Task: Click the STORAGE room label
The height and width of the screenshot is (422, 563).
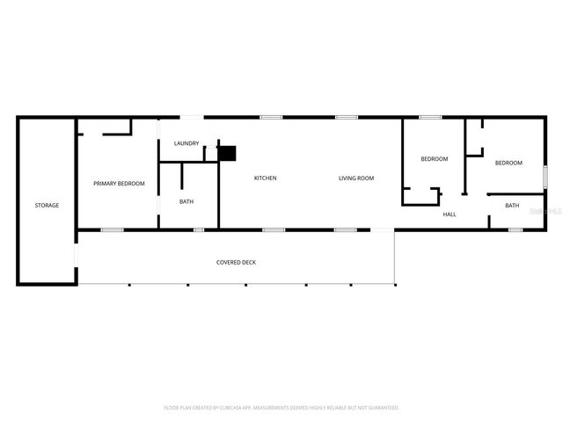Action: tap(47, 206)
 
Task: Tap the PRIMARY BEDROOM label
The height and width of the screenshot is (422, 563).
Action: tap(119, 184)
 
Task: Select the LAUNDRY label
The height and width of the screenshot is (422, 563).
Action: tap(186, 143)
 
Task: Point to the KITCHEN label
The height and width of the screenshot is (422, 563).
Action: tap(265, 178)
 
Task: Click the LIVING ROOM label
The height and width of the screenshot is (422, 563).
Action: tap(356, 178)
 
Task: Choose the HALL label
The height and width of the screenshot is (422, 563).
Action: tap(449, 215)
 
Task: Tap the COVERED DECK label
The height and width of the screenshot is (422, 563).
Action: tap(236, 263)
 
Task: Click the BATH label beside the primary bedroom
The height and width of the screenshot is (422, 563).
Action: tap(186, 202)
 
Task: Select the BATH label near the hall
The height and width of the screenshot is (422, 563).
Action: tap(512, 206)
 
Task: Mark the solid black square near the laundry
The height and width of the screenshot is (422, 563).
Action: tap(228, 154)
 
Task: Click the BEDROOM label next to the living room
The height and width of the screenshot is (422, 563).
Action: tap(434, 159)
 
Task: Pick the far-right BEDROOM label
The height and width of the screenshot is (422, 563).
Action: tap(508, 163)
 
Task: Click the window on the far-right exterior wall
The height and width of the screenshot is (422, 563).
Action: tap(545, 177)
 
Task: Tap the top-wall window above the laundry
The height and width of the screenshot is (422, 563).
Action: tap(192, 117)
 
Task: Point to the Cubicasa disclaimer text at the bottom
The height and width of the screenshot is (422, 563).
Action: tap(281, 408)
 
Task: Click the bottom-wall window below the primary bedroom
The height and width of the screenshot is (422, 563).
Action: tap(112, 230)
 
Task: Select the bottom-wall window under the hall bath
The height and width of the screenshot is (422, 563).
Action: tap(515, 230)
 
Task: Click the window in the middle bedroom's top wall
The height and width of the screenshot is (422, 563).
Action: tap(430, 117)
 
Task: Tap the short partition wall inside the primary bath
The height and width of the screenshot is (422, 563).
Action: tap(181, 176)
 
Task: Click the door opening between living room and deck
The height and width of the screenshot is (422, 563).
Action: tap(382, 230)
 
